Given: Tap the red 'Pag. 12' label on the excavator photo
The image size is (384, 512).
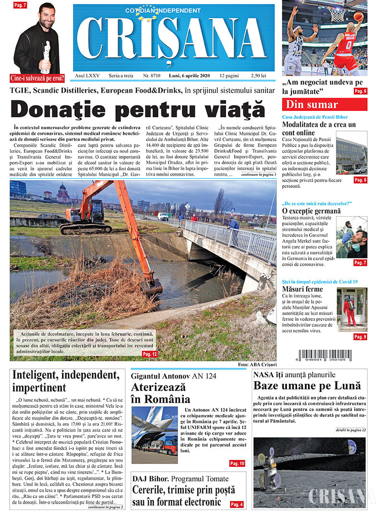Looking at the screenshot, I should pos(150,354).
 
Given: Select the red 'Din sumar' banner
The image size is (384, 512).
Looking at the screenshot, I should pos(324,105).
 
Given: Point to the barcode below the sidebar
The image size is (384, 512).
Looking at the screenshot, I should pos(325,356).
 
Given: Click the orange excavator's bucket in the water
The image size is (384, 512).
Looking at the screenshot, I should pos(152,287).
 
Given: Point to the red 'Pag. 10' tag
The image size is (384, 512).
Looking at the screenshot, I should pos(237,463).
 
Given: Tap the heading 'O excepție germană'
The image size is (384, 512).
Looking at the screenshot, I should pos(311,211).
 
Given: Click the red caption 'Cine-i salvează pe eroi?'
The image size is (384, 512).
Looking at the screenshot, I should pos(37,78).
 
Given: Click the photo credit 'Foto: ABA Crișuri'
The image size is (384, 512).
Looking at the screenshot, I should pos(257,365).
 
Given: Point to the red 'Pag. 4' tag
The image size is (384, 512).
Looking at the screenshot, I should pos(237,504).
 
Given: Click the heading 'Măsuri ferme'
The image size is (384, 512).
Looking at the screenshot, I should pos(302,289).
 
